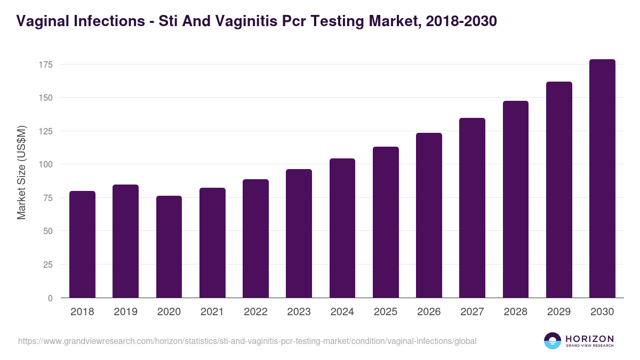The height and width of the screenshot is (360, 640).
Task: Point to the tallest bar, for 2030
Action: click(602, 178)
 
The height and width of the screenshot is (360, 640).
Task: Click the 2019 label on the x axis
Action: click(125, 312)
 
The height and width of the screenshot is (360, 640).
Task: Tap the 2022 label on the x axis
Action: click(255, 312)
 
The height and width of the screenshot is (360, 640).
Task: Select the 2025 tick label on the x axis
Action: click(386, 312)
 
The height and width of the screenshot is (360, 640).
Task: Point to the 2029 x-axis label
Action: click(559, 312)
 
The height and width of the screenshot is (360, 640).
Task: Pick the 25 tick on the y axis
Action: click(49, 265)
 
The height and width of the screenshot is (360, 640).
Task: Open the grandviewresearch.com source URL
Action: click(247, 341)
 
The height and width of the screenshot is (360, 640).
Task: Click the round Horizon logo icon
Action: click(552, 341)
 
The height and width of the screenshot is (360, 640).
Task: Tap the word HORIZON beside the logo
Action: click(589, 338)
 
